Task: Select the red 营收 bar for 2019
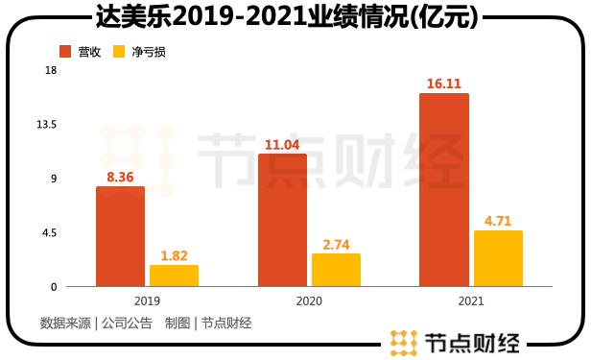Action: tap(120, 236)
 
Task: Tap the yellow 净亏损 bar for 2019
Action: tap(174, 276)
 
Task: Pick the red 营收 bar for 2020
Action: tap(282, 220)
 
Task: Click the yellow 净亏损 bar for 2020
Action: tap(336, 270)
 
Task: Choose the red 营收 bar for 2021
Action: tap(444, 189)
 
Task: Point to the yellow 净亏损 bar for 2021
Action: tap(498, 258)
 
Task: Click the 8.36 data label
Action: tap(120, 177)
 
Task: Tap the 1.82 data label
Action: tap(174, 255)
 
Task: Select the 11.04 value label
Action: tap(282, 144)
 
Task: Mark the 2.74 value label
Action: tap(336, 244)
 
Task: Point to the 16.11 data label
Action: tap(444, 84)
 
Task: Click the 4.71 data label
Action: tap(498, 221)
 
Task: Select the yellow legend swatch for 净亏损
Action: tap(120, 51)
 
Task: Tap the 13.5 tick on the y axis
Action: tap(47, 125)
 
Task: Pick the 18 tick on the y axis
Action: tap(51, 70)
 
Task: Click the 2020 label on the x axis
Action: tap(308, 300)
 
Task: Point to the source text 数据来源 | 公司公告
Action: tap(96, 323)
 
